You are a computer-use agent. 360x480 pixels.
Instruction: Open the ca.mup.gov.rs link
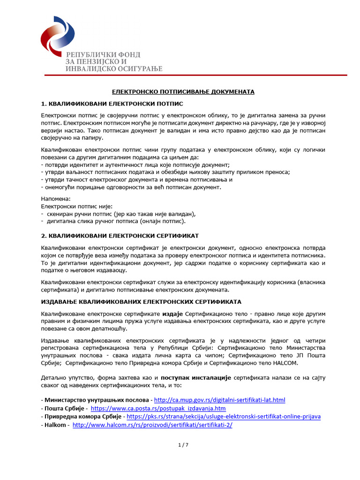pos(219,400)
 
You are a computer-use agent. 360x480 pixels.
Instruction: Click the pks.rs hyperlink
pos(224,416)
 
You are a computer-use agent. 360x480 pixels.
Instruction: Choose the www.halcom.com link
pos(152,425)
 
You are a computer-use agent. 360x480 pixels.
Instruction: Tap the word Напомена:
pos(56,199)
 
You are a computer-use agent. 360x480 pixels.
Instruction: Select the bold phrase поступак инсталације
pos(196,377)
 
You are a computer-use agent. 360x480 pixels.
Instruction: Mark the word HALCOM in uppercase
pos(283,363)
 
